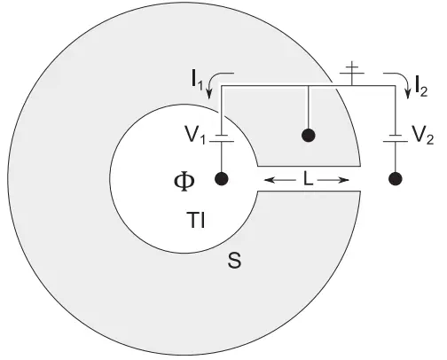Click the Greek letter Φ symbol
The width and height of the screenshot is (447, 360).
[x=184, y=182]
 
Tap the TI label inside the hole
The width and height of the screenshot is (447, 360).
[x=196, y=220]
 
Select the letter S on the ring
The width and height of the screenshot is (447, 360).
[x=234, y=260]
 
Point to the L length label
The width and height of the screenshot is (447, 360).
[x=308, y=179]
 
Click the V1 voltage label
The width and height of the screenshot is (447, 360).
[x=195, y=135]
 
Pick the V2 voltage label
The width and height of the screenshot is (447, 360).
[x=423, y=136]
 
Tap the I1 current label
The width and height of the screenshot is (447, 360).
[x=197, y=80]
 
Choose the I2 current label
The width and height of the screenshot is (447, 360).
[x=421, y=86]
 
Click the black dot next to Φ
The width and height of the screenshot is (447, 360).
[x=221, y=179]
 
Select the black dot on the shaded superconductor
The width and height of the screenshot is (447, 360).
[x=309, y=135]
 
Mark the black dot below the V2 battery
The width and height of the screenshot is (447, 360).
[x=396, y=179]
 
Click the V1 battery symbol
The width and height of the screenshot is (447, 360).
[x=222, y=138]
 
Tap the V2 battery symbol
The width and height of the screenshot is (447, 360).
[x=396, y=138]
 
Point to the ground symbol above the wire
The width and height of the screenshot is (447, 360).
[x=352, y=71]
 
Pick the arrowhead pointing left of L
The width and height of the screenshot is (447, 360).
[x=268, y=179]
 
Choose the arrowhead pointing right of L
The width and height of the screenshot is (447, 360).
[x=344, y=179]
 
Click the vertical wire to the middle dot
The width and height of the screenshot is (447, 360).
[x=309, y=107]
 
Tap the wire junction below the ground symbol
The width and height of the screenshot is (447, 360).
[x=352, y=86]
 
